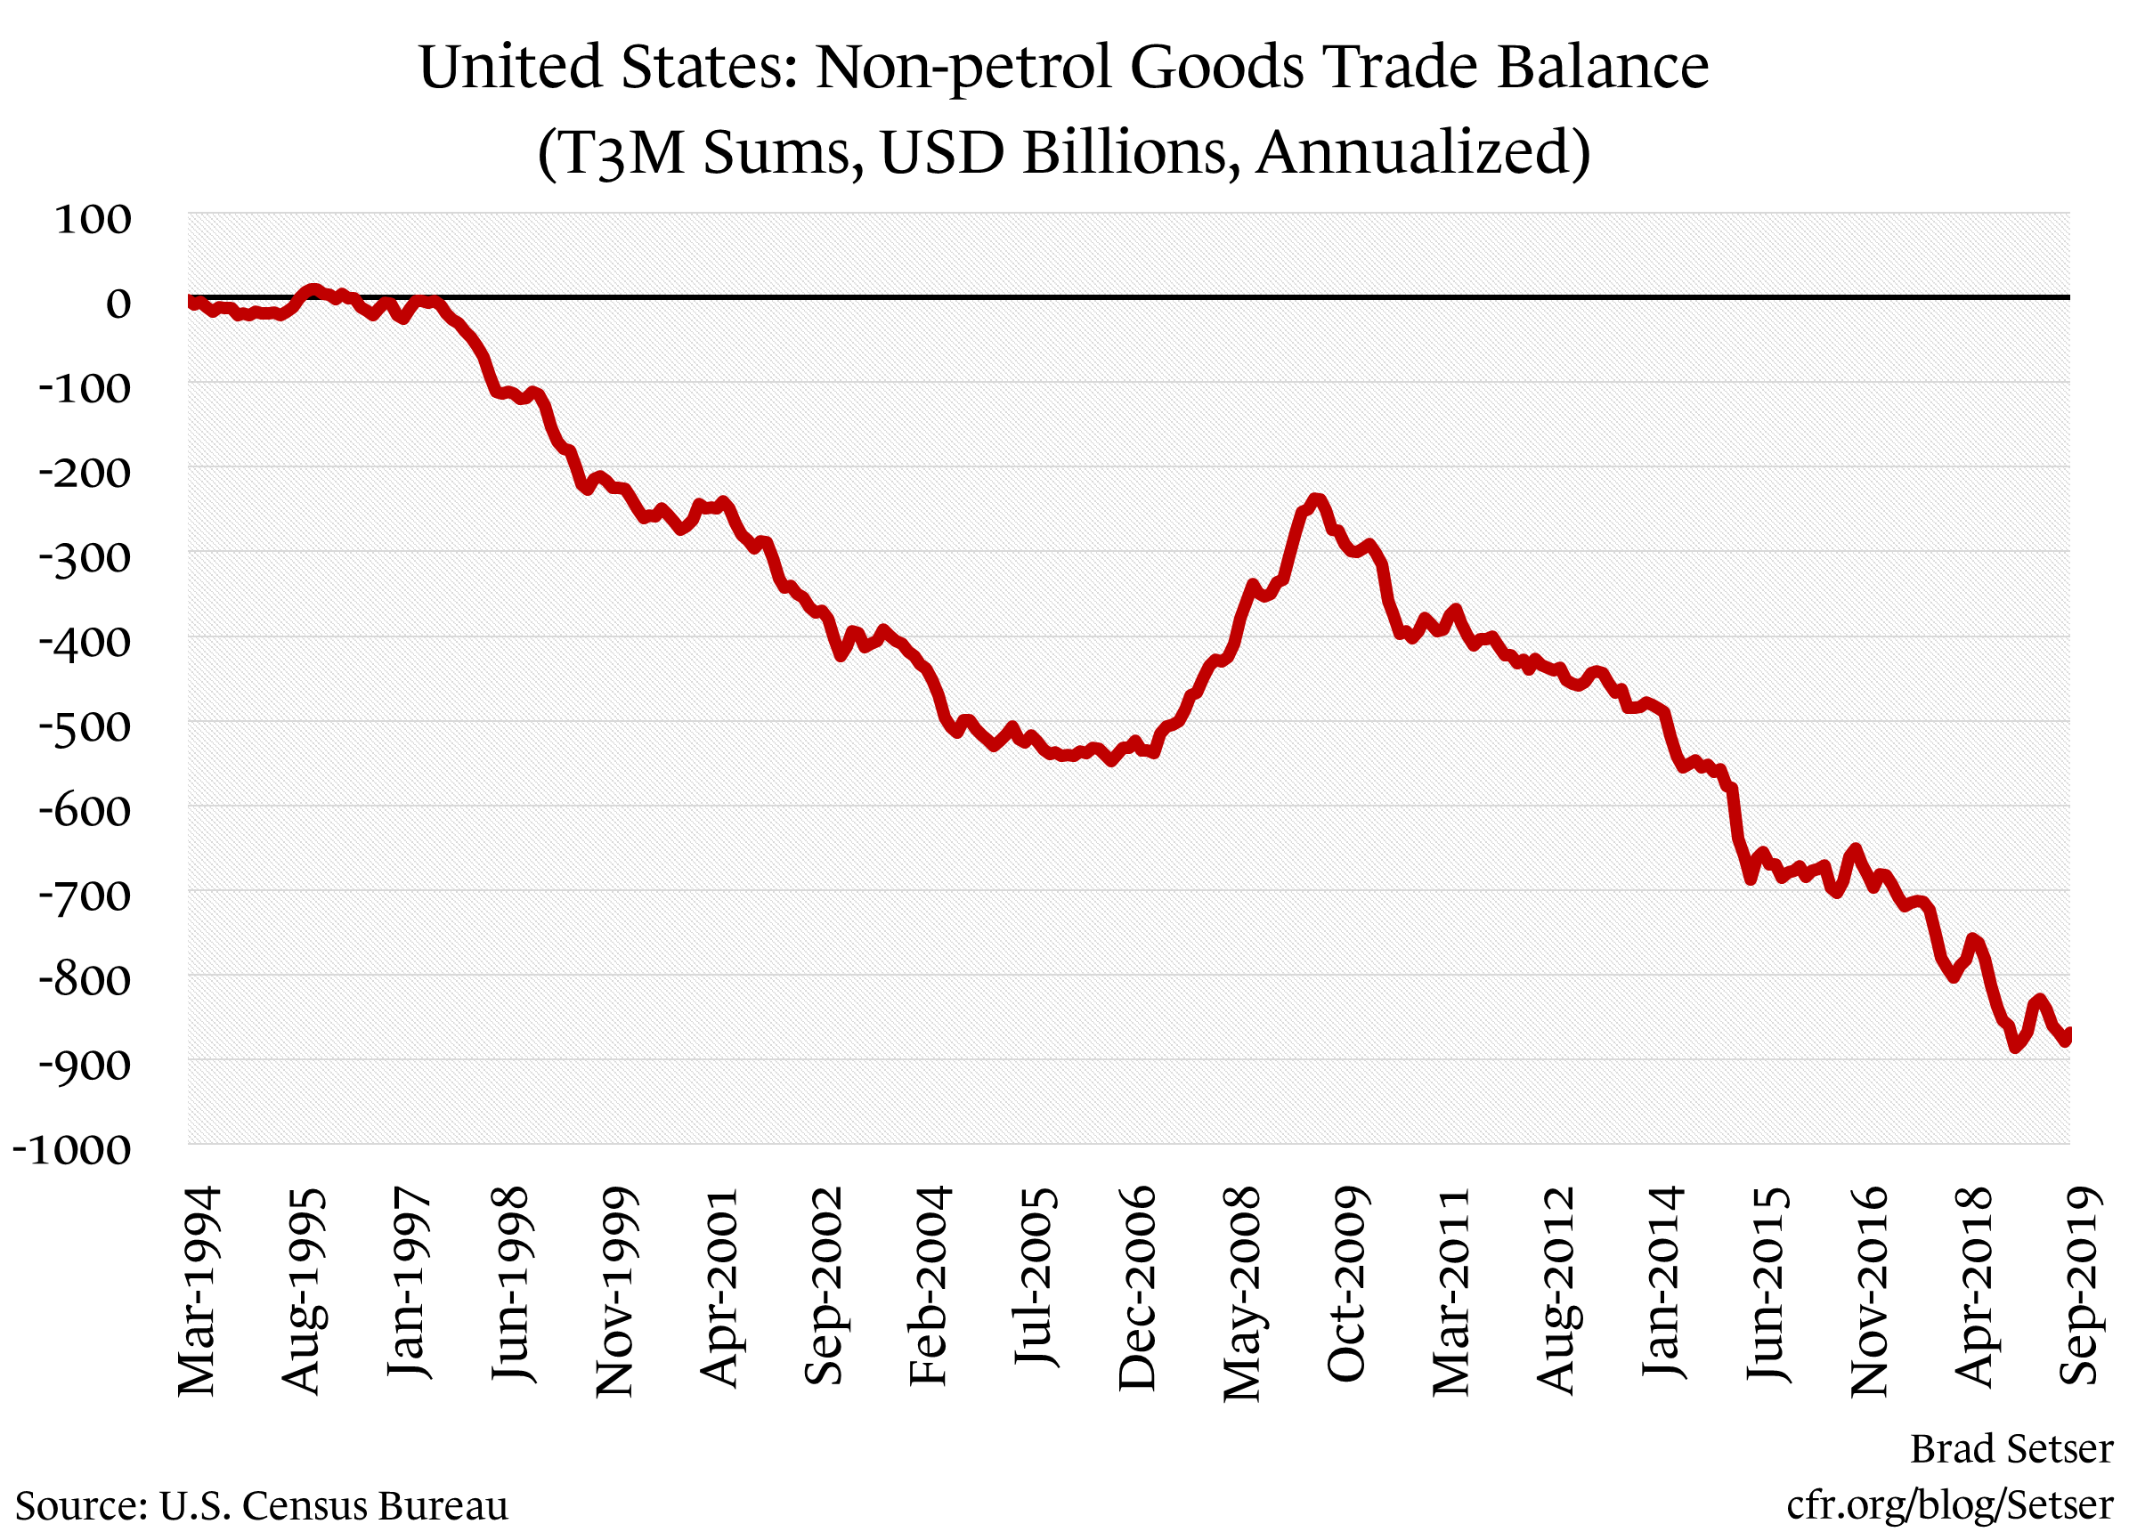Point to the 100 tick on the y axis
point(93,220)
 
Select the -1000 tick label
point(71,1150)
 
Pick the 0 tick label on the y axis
point(118,304)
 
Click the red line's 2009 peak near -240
point(1316,499)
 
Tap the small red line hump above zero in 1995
point(313,289)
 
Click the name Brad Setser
point(2011,1449)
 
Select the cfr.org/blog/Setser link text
point(1949,1504)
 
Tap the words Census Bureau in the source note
point(376,1505)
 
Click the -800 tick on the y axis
point(84,981)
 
